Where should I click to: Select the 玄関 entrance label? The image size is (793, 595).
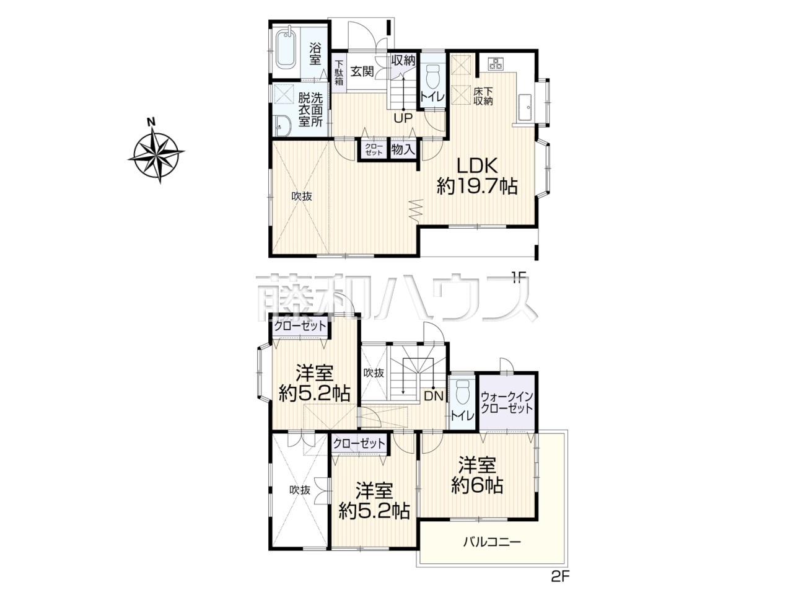(x=362, y=71)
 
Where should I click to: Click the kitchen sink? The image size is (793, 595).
(x=525, y=107)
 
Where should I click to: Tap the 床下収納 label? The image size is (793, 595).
(x=483, y=97)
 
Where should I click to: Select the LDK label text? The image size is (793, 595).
(x=478, y=166)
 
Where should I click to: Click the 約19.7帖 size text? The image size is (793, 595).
(x=477, y=187)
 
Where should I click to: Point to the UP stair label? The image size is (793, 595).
(x=403, y=118)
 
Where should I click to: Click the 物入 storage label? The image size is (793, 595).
(x=403, y=149)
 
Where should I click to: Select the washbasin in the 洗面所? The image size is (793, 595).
(x=283, y=126)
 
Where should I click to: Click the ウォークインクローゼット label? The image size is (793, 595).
(x=507, y=403)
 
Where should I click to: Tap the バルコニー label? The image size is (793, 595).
(x=492, y=552)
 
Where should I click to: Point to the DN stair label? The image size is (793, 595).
(x=433, y=397)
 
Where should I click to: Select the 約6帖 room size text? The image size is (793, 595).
(x=477, y=486)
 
